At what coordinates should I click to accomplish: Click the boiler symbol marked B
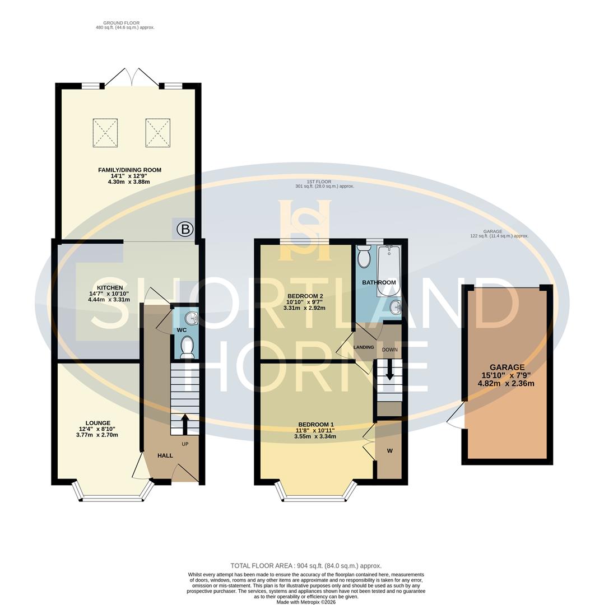185,229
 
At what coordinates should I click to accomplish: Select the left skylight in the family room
105,133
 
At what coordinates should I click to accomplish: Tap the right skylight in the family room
157,133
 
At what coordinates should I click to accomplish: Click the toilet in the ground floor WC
187,347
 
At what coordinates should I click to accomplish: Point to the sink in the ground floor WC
192,318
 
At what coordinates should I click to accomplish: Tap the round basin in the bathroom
396,306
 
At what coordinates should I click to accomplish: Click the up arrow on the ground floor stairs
184,424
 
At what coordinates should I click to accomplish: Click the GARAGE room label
507,367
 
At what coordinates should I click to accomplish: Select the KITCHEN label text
110,287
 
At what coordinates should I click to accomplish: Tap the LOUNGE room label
98,423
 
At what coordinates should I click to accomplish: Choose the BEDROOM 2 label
305,296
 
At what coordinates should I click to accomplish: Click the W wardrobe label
389,451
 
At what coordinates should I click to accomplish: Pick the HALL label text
165,455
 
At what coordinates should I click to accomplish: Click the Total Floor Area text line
306,566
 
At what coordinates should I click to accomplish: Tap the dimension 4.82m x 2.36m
506,384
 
